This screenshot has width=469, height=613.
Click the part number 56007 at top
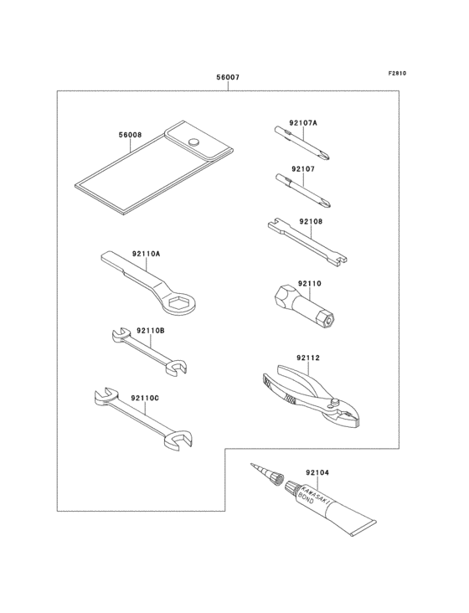[x=228, y=77]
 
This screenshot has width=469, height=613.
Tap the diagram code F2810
[x=396, y=73]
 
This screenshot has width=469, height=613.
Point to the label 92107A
[x=302, y=123]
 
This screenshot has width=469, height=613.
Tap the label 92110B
[x=150, y=330]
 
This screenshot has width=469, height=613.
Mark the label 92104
[x=317, y=471]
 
